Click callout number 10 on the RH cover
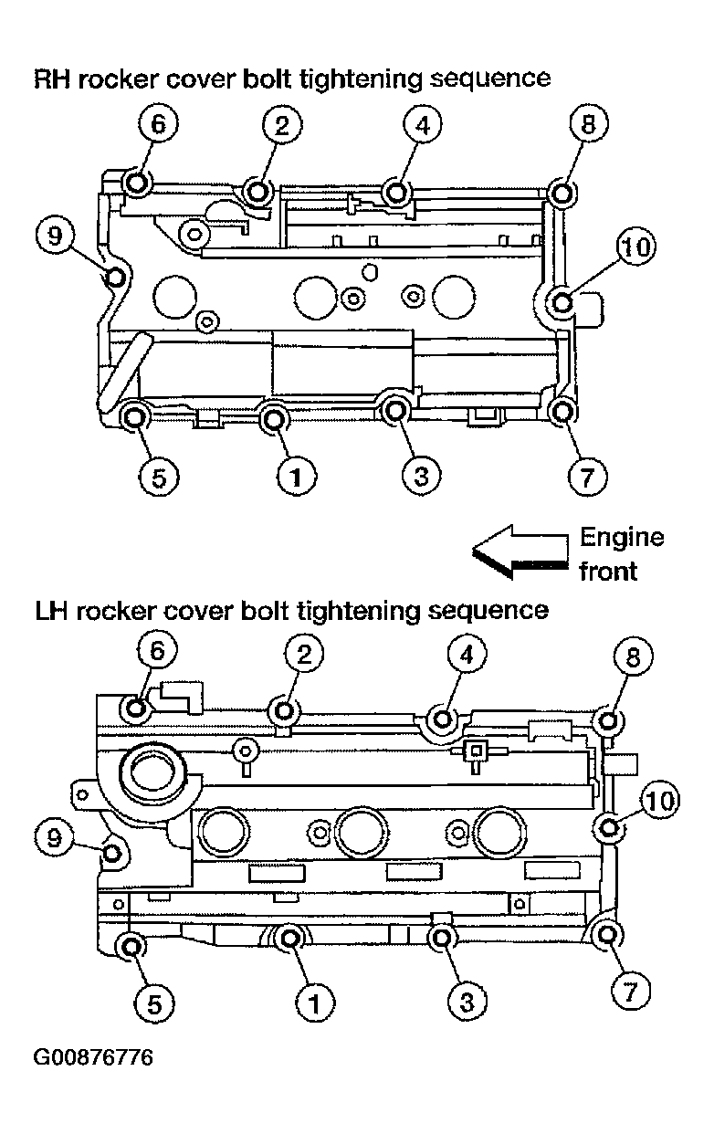(636, 247)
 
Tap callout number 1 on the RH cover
(297, 477)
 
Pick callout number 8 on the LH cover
(633, 656)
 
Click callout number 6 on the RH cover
(158, 124)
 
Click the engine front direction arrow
(520, 552)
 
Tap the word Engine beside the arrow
(622, 537)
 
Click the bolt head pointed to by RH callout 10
(562, 303)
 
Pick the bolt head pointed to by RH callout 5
(135, 417)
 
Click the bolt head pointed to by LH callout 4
(443, 719)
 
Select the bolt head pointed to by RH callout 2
(257, 192)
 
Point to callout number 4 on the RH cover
(423, 124)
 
